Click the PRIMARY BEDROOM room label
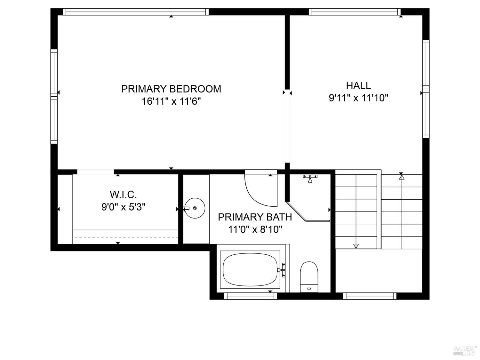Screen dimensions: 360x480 (171, 89)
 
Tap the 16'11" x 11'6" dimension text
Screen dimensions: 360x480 (171, 101)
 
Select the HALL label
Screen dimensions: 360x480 (358, 85)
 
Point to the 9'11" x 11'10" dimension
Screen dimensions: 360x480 (358, 98)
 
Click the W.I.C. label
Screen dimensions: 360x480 (123, 194)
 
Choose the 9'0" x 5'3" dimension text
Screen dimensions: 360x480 (123, 207)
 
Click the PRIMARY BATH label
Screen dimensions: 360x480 (255, 217)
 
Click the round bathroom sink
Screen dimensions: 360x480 (195, 208)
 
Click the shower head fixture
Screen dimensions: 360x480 (310, 179)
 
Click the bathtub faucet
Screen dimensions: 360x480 (282, 270)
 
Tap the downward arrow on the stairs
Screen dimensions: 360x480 (356, 246)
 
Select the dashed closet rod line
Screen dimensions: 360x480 (125, 237)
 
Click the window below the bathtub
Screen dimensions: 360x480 (251, 296)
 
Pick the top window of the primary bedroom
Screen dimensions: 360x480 (136, 12)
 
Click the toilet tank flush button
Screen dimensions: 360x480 (309, 289)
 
